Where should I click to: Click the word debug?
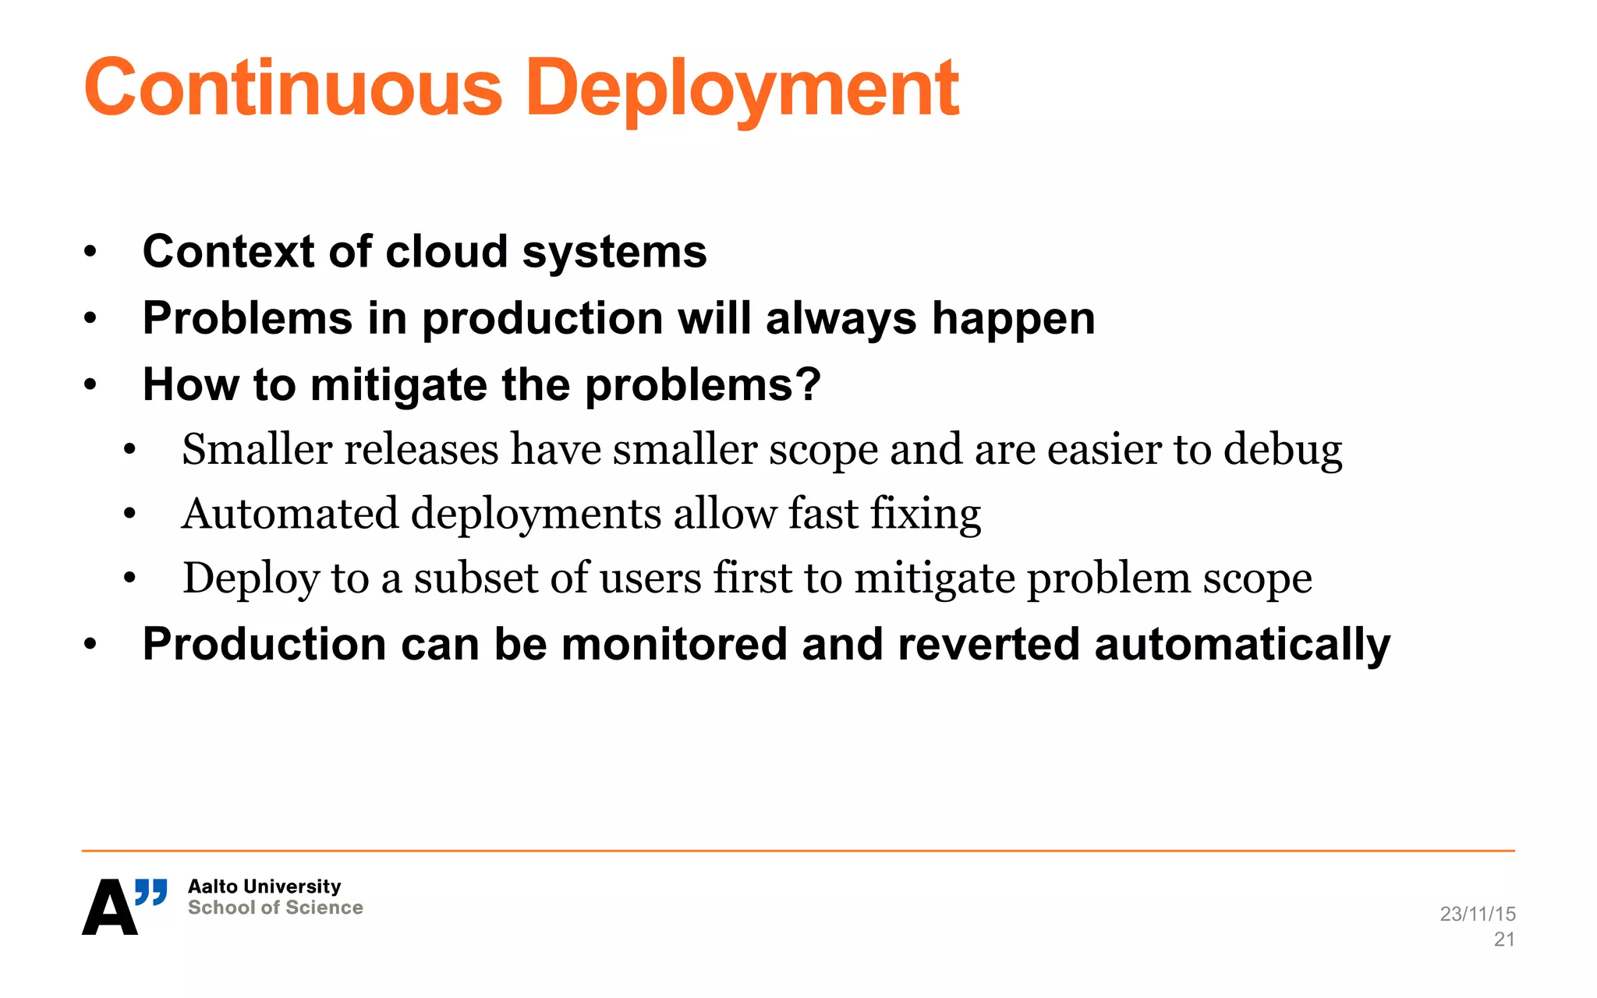pos(1283,450)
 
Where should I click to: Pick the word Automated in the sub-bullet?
pos(290,514)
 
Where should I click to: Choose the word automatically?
pos(1242,645)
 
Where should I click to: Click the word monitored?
pos(674,645)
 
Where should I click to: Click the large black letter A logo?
pos(109,908)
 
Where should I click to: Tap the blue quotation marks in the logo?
pos(151,891)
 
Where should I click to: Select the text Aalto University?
pos(264,887)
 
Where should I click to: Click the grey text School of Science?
pos(275,908)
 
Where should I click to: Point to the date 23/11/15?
pos(1477,914)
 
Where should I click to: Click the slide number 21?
pos(1504,940)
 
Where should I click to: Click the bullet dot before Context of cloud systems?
pos(90,252)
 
